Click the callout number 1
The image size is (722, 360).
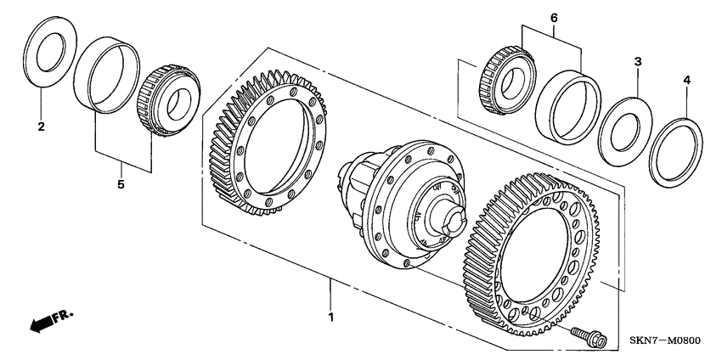pyautogui.click(x=332, y=318)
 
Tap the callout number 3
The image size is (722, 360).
pyautogui.click(x=637, y=62)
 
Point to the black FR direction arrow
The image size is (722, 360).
pyautogui.click(x=41, y=323)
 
